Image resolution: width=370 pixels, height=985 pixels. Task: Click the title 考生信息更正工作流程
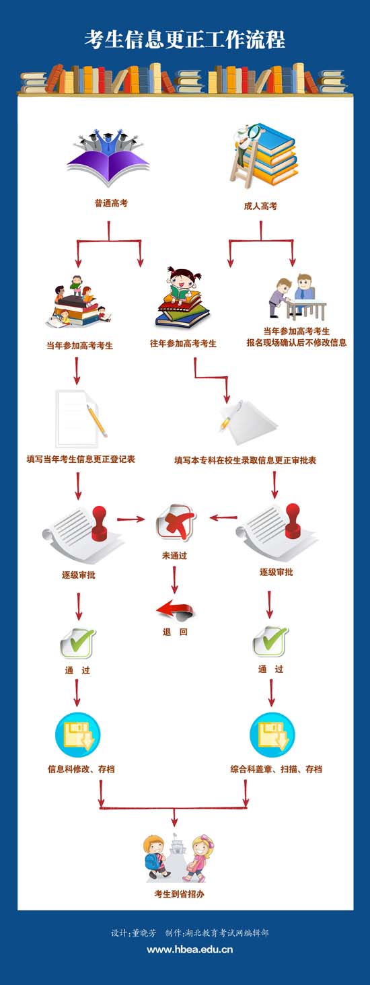185,40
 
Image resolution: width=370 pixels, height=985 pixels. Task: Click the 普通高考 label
111,203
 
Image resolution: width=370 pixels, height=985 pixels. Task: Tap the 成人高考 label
260,206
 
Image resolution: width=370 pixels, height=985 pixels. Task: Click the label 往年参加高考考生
183,343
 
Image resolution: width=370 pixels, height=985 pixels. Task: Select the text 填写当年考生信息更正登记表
81,460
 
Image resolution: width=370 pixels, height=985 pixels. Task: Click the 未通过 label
174,556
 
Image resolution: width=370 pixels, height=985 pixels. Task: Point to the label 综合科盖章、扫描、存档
276,769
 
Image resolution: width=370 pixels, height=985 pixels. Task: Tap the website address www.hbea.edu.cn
190,949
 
